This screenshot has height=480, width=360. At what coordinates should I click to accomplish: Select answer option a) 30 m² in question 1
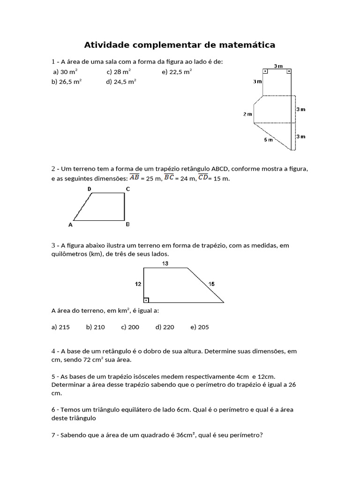pyautogui.click(x=65, y=72)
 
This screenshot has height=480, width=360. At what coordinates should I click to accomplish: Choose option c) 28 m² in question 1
pyautogui.click(x=119, y=72)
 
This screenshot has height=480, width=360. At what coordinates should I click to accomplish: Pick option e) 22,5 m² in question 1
pyautogui.click(x=177, y=72)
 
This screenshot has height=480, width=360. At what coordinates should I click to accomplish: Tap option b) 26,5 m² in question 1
pyautogui.click(x=67, y=81)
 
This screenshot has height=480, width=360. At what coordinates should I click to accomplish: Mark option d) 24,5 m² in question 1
pyautogui.click(x=121, y=81)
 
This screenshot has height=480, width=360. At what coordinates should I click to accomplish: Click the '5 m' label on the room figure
pyautogui.click(x=268, y=140)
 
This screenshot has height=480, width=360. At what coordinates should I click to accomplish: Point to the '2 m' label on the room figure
pyautogui.click(x=247, y=114)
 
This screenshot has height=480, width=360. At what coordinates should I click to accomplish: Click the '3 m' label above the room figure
pyautogui.click(x=277, y=66)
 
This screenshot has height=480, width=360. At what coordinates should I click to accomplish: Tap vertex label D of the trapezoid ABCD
pyautogui.click(x=89, y=189)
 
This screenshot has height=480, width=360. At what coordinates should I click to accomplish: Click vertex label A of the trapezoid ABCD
pyautogui.click(x=70, y=225)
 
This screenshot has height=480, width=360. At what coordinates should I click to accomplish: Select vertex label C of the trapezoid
pyautogui.click(x=127, y=189)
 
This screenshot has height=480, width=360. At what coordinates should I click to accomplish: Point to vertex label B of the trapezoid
pyautogui.click(x=127, y=225)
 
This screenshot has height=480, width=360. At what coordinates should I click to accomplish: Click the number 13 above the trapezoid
pyautogui.click(x=165, y=263)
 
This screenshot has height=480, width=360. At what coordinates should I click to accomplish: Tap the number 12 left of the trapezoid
pyautogui.click(x=138, y=284)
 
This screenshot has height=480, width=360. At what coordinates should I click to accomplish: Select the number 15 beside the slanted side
pyautogui.click(x=212, y=284)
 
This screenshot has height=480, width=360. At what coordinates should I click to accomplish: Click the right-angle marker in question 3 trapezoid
pyautogui.click(x=146, y=300)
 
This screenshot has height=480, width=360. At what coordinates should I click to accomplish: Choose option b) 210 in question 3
pyautogui.click(x=95, y=327)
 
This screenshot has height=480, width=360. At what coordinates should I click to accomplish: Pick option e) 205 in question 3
pyautogui.click(x=200, y=327)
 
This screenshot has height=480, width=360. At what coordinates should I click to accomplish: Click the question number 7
pyautogui.click(x=53, y=435)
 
